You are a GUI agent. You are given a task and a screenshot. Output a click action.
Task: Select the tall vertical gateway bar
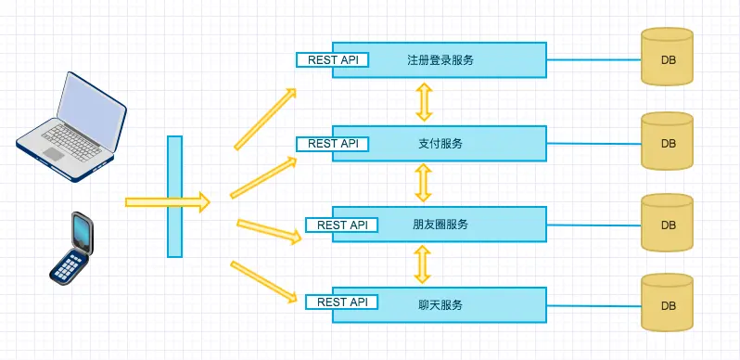coord(174,196)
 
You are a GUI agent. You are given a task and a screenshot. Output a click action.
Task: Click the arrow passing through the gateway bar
coord(167,201)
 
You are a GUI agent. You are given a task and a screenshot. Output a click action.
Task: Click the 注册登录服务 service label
coord(440,59)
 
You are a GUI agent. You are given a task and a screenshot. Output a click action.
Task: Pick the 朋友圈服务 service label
coord(440,225)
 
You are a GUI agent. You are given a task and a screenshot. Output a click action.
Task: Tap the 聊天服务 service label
coord(440,303)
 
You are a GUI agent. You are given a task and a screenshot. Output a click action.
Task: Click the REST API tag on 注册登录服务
coord(332,59)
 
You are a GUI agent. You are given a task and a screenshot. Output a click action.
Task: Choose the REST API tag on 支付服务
coord(332,144)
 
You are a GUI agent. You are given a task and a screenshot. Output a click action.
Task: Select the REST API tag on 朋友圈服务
coord(342,225)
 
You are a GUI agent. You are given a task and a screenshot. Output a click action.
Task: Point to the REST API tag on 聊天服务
coord(342,302)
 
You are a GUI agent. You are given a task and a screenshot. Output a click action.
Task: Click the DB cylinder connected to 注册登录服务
coord(668,58)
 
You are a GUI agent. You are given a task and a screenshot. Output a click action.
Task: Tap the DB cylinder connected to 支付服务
coord(668,141)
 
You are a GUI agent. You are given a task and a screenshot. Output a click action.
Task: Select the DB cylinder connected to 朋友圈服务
coord(668,223)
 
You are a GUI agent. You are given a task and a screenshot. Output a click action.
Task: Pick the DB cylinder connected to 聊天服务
coord(668,302)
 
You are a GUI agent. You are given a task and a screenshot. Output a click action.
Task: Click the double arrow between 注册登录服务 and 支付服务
coord(424,101)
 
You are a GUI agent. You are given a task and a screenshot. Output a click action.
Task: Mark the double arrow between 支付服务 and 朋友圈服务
coord(424,183)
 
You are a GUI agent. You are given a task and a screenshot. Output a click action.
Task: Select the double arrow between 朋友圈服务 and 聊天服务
coord(424,264)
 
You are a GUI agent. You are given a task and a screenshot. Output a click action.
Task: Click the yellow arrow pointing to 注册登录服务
coord(264,119)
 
